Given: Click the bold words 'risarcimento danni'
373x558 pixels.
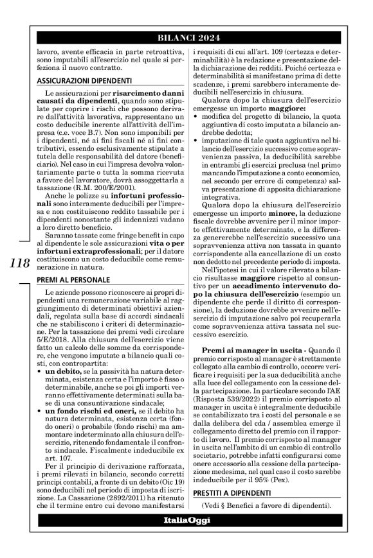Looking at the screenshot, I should click(x=138, y=94).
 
